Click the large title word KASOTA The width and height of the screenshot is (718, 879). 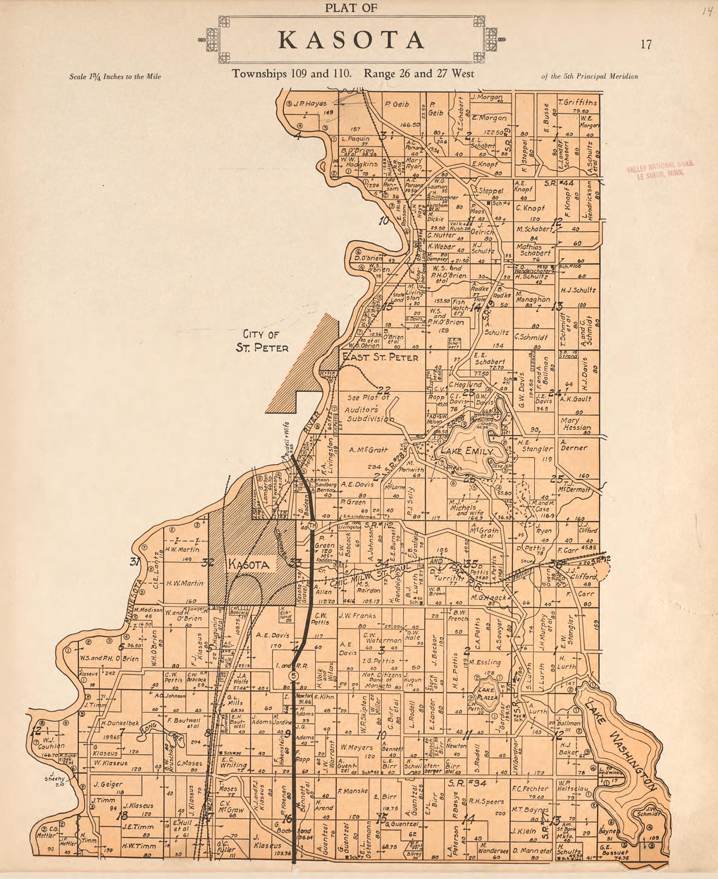[352, 40]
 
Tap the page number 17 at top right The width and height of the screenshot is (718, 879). [646, 45]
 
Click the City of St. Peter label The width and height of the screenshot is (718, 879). [261, 340]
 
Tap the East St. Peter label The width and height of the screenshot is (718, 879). [380, 357]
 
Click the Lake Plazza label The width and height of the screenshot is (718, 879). [487, 695]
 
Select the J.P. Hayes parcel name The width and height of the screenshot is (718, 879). [310, 104]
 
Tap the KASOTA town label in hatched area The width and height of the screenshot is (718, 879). [249, 564]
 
